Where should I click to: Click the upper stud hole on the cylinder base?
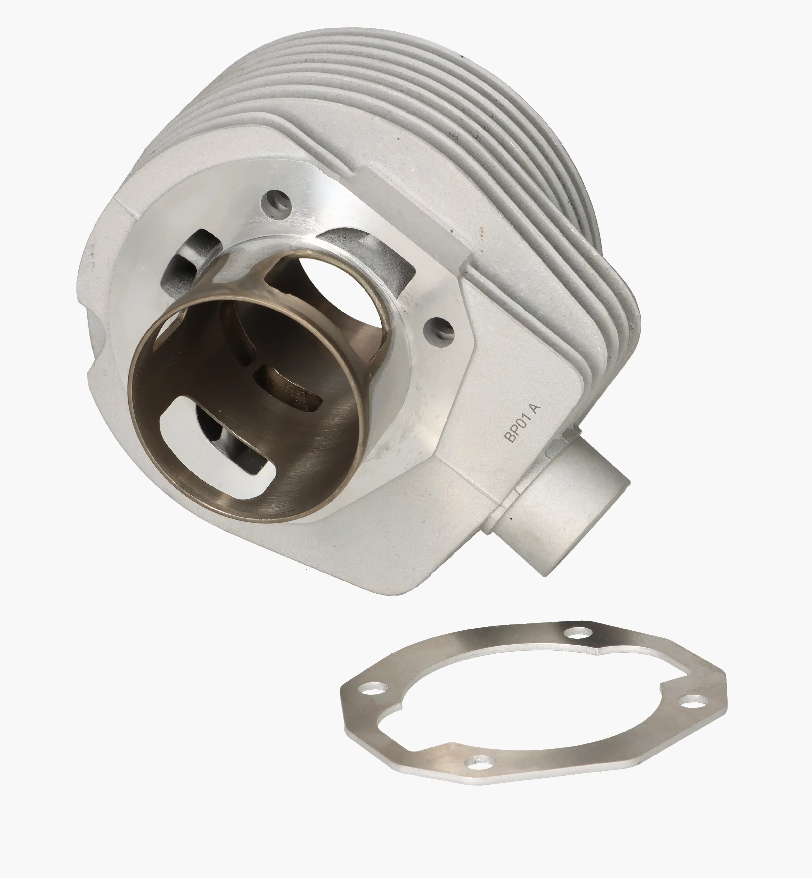[x=276, y=201]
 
